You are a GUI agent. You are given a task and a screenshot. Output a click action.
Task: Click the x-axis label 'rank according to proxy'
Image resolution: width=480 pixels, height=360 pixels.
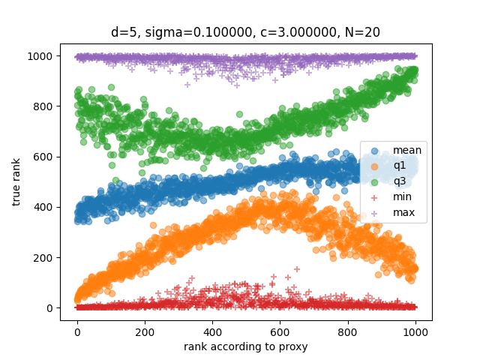click(246, 346)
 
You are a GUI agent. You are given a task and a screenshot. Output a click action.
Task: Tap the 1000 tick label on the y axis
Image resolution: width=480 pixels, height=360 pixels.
click(41, 56)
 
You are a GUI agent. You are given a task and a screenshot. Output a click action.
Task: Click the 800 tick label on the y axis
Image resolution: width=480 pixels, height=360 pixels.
click(44, 106)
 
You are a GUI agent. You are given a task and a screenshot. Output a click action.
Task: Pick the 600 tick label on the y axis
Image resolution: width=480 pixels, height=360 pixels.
click(44, 157)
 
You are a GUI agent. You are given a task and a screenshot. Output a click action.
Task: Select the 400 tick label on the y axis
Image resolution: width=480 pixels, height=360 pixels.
click(44, 207)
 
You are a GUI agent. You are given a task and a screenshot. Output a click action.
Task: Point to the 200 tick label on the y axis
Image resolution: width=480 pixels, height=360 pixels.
click(44, 257)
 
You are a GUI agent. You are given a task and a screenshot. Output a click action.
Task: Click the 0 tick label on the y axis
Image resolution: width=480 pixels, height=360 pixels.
click(49, 308)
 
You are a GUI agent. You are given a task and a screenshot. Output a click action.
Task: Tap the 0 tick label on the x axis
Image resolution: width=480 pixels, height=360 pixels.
click(77, 329)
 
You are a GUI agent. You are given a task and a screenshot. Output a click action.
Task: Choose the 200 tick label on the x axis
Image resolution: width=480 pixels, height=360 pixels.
click(145, 329)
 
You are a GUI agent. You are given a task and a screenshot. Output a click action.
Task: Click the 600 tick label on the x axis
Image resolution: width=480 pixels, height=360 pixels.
click(280, 329)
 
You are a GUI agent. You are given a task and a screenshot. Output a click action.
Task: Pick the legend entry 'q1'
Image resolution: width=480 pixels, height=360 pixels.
click(399, 166)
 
